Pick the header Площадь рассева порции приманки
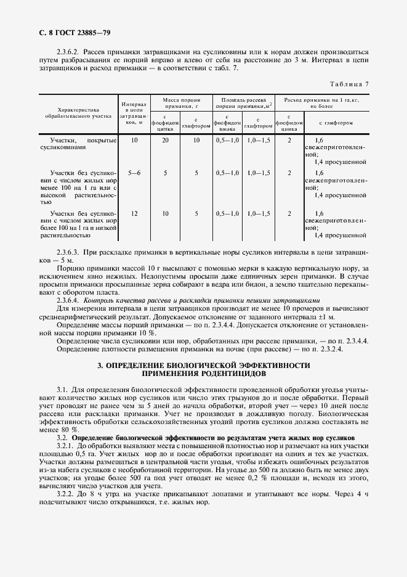(243, 102)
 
